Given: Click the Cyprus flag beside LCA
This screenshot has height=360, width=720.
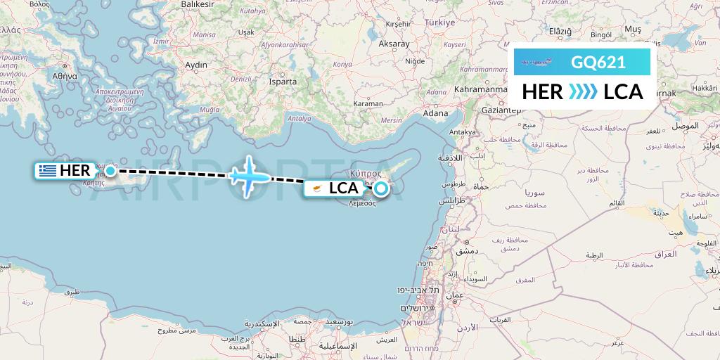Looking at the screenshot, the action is pos(317,188).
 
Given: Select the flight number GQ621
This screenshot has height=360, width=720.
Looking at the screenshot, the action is pos(598,62).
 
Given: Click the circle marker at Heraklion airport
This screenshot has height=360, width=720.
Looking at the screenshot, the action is pos(110,170).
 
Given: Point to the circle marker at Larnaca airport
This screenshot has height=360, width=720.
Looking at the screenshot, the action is pos(380,188).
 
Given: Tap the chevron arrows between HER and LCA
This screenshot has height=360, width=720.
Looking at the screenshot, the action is pos(583,92).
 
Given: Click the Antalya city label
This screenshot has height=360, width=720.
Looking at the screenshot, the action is pos(299,118).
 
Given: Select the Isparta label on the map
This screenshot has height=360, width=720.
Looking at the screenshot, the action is pos(283,82).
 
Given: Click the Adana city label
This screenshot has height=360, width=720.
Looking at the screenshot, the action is pos(436,112).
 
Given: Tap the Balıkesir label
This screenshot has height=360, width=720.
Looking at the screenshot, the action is pos(197,4).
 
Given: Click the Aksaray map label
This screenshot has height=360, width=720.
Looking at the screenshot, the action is pos(394,44).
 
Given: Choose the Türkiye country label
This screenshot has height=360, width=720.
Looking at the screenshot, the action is pos(439,22).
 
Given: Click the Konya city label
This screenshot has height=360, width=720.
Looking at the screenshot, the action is pos(342,64).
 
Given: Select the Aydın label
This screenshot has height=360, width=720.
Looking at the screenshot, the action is pos(196,65).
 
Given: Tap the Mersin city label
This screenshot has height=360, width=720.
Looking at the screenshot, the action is pos(391,120).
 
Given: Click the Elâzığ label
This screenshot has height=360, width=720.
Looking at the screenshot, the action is pos(560,31).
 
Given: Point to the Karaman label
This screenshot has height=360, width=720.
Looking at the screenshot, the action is pos(368,103).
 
